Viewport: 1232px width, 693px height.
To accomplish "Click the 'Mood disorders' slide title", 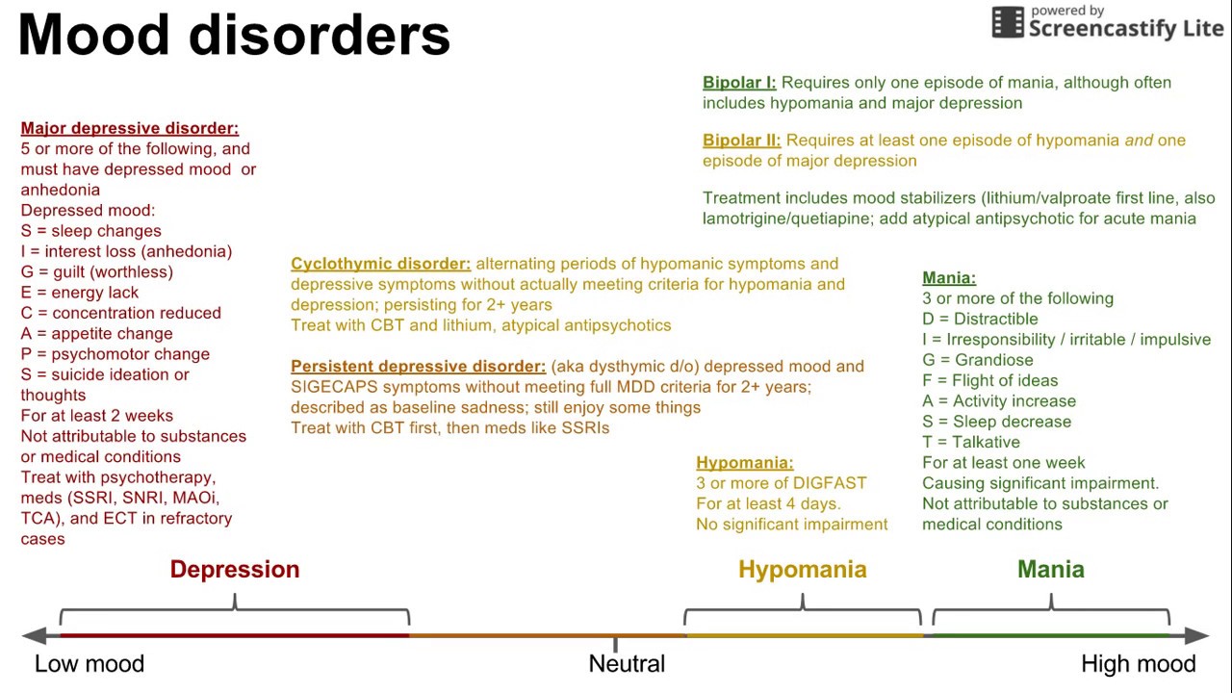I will click(234, 36).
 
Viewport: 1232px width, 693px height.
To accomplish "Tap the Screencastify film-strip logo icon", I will click(1008, 22).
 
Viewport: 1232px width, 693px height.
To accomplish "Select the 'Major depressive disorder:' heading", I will click(130, 128).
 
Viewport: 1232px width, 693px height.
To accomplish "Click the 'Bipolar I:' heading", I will click(739, 83).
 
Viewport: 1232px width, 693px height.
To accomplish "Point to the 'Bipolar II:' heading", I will click(741, 141).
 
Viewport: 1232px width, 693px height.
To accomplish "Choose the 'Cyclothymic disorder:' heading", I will click(381, 264).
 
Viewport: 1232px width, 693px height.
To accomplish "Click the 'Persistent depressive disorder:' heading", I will click(419, 367).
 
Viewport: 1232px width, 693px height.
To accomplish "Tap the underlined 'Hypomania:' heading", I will click(745, 463).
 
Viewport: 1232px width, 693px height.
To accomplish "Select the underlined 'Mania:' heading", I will click(949, 278).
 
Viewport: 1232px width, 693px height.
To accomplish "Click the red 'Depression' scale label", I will click(235, 570).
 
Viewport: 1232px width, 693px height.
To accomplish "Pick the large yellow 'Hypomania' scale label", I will click(803, 570).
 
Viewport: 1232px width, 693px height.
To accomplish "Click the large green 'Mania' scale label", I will click(1051, 570).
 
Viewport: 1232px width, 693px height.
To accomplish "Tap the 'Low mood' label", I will click(90, 664).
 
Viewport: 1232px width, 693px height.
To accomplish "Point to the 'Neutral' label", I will click(627, 664).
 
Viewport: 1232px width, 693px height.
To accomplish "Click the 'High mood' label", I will click(1139, 664).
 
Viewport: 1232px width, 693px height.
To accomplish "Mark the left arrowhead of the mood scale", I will click(34, 635).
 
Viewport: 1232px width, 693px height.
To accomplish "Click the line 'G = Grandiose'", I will click(978, 360).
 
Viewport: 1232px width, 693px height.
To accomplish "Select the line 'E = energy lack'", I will click(80, 293).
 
